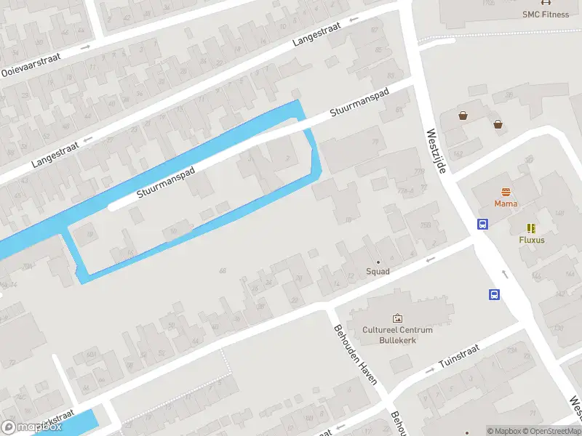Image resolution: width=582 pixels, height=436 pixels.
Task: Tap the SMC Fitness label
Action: click(x=546, y=14)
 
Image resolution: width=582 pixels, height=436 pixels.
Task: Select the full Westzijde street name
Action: click(x=436, y=150)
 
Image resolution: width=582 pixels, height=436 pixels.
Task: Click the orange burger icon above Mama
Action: click(x=506, y=192)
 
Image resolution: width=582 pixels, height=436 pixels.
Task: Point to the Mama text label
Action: click(x=506, y=203)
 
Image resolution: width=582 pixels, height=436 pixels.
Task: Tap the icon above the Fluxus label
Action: click(x=532, y=227)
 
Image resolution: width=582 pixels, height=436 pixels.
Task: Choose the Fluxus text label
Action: click(x=532, y=240)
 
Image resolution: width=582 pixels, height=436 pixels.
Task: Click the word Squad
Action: click(x=378, y=272)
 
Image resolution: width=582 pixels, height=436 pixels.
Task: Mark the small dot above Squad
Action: click(x=378, y=262)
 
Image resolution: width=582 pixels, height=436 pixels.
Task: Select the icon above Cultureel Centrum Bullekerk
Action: click(x=397, y=318)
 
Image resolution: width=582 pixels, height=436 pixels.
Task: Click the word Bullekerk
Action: click(x=397, y=339)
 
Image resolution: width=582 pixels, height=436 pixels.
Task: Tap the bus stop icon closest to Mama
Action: click(x=482, y=224)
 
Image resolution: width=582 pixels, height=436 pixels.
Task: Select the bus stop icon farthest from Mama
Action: click(x=494, y=294)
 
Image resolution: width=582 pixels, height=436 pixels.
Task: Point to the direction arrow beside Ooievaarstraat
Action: click(x=85, y=47)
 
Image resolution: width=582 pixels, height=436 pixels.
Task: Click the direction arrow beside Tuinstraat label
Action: click(x=429, y=370)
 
